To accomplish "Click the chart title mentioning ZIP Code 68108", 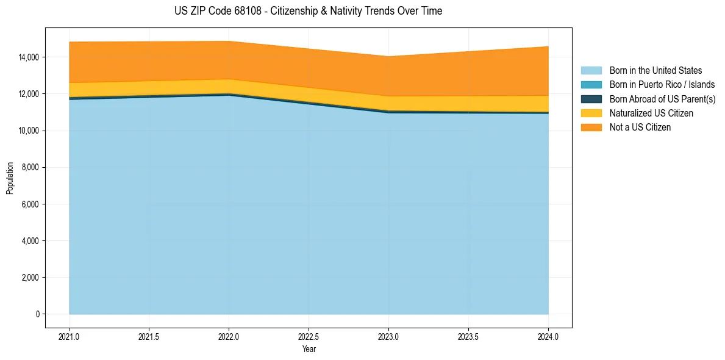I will (308, 11).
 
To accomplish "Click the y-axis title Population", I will (10, 178).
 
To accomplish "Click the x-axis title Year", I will (309, 349).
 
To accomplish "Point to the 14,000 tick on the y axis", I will (29, 57).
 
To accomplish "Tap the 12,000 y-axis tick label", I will (29, 94).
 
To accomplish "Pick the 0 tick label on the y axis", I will (37, 314).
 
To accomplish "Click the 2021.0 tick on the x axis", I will (70, 336).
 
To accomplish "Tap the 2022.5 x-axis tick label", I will (309, 336).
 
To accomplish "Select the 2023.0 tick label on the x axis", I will (388, 336).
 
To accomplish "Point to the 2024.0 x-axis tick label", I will (548, 336).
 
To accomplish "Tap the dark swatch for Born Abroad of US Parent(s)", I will (591, 99).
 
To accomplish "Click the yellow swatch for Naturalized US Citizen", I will (591, 113).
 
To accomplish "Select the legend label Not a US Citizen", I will (640, 128).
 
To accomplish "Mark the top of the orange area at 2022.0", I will (229, 41).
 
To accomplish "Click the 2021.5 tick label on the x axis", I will (149, 336).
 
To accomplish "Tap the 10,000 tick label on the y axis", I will (29, 131).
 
